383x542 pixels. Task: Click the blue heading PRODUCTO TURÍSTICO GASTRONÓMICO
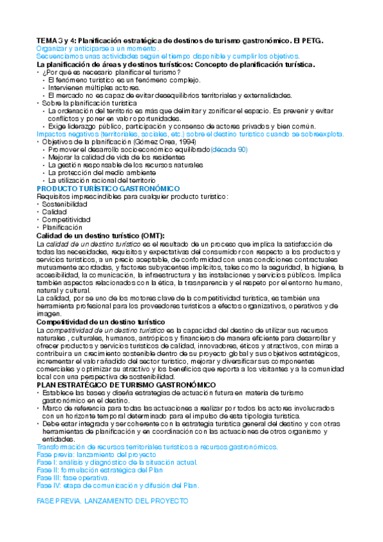point(108,189)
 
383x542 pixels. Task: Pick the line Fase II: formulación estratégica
point(100,469)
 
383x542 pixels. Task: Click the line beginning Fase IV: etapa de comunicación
point(118,485)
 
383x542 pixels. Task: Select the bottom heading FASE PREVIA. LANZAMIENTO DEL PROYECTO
point(113,502)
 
